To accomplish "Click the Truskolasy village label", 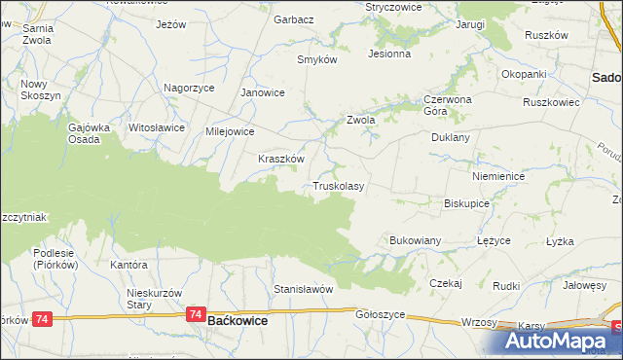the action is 338,186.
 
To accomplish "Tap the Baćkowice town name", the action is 238,319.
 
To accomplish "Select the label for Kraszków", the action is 281,159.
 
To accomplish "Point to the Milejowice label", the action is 230,131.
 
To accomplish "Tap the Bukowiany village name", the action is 416,239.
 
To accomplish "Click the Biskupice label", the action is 465,204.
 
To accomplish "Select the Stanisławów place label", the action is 304,289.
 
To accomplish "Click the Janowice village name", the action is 262,93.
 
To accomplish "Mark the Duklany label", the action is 451,138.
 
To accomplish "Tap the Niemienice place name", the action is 497,177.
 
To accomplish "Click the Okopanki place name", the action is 524,74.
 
